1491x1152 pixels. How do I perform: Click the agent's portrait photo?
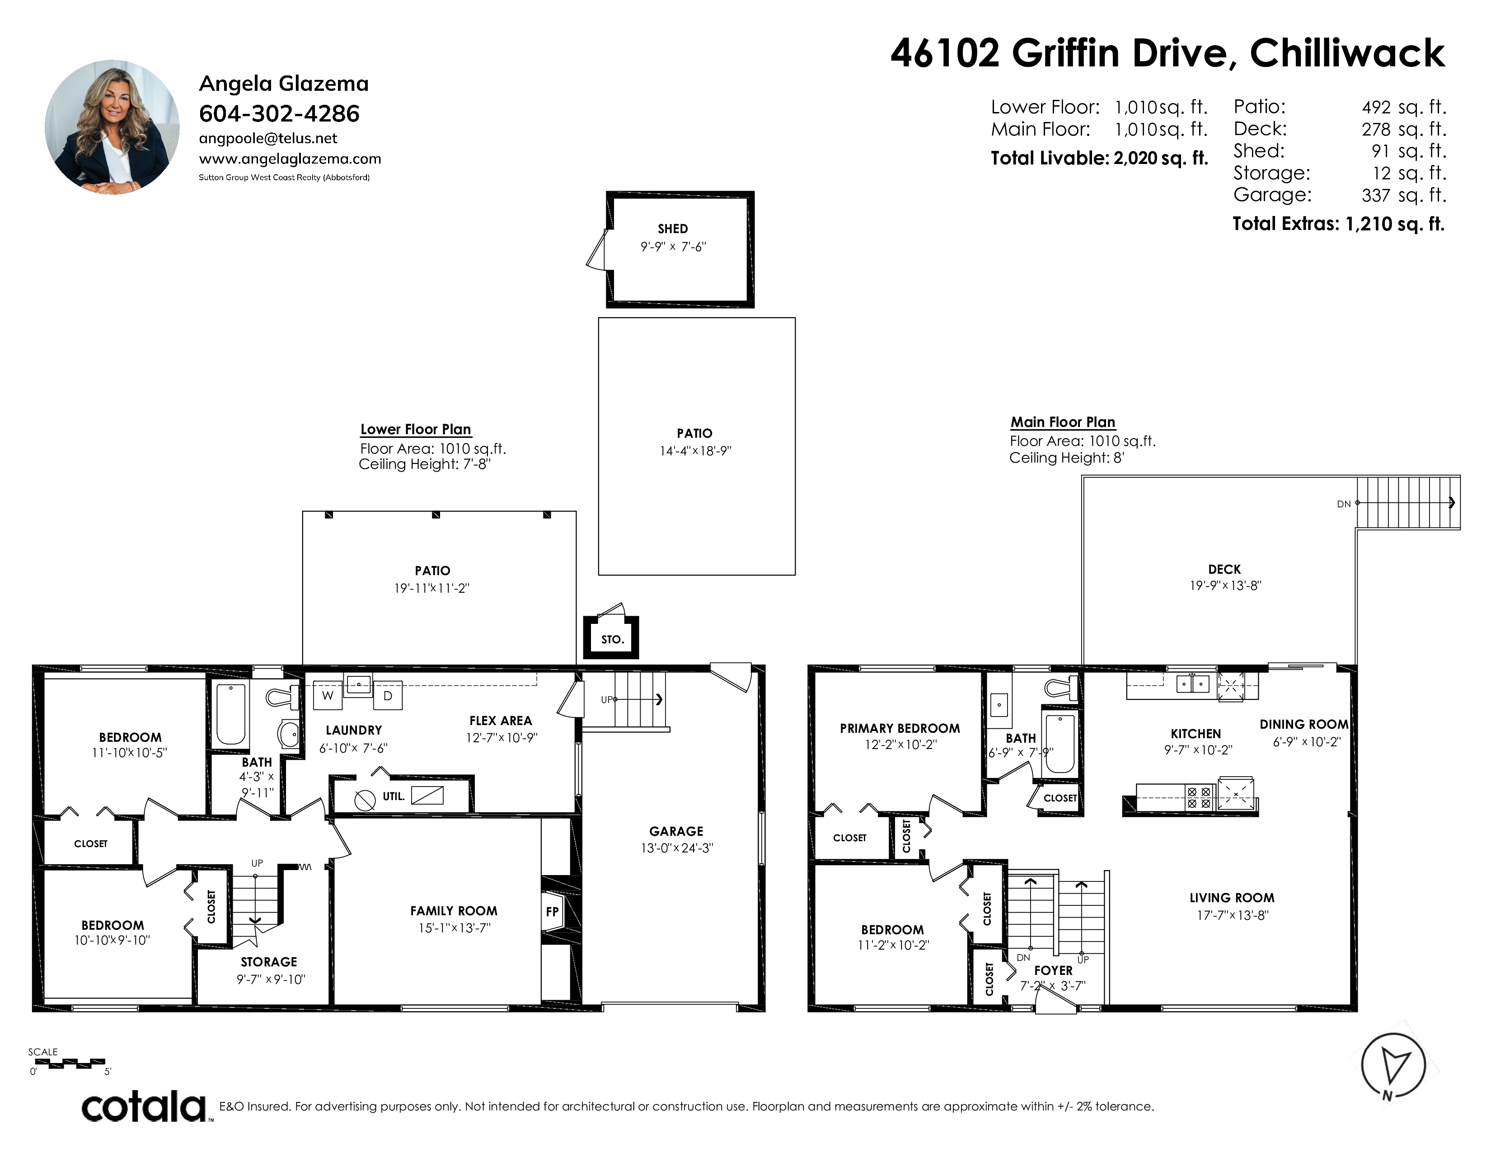pyautogui.click(x=112, y=127)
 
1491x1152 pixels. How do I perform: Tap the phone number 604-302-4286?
pyautogui.click(x=279, y=113)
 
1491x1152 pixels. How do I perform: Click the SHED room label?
pyautogui.click(x=672, y=229)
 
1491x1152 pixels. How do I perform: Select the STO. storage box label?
pyautogui.click(x=612, y=639)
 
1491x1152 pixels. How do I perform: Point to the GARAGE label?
pyautogui.click(x=676, y=831)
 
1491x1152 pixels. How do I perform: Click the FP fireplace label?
pyautogui.click(x=552, y=911)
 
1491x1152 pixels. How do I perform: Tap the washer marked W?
pyautogui.click(x=328, y=695)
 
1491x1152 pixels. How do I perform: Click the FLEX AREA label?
pyautogui.click(x=501, y=721)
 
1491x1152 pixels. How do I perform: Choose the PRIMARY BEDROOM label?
pyautogui.click(x=900, y=728)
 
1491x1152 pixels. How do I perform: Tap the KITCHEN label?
pyautogui.click(x=1196, y=734)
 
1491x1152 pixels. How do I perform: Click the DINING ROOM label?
pyautogui.click(x=1304, y=724)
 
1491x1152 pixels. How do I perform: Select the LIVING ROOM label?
pyautogui.click(x=1232, y=898)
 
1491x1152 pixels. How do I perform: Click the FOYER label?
pyautogui.click(x=1053, y=970)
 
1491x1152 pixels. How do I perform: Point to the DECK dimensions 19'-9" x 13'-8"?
pyautogui.click(x=1225, y=585)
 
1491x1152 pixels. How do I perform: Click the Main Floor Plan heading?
pyautogui.click(x=1063, y=422)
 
